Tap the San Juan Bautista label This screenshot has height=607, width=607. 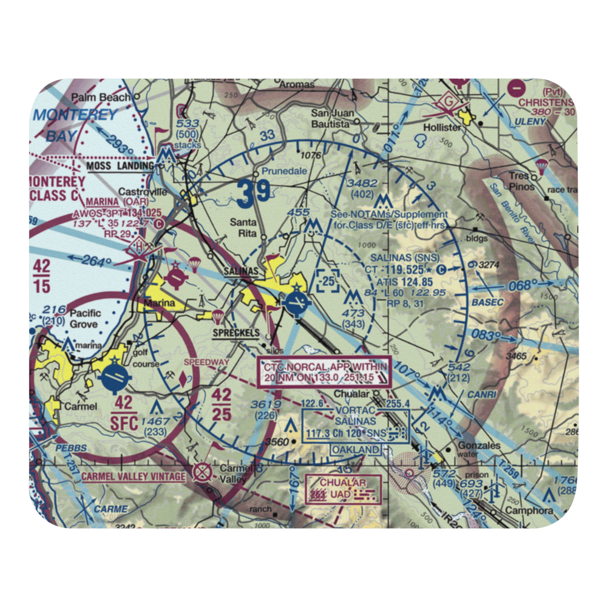(331, 118)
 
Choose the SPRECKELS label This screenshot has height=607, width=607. (236, 333)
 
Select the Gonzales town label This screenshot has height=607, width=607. (480, 446)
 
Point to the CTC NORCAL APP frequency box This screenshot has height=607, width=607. (325, 373)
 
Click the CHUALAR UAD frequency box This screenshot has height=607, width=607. (344, 489)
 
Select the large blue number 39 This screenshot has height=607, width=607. (254, 194)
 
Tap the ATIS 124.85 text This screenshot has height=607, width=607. (404, 282)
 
